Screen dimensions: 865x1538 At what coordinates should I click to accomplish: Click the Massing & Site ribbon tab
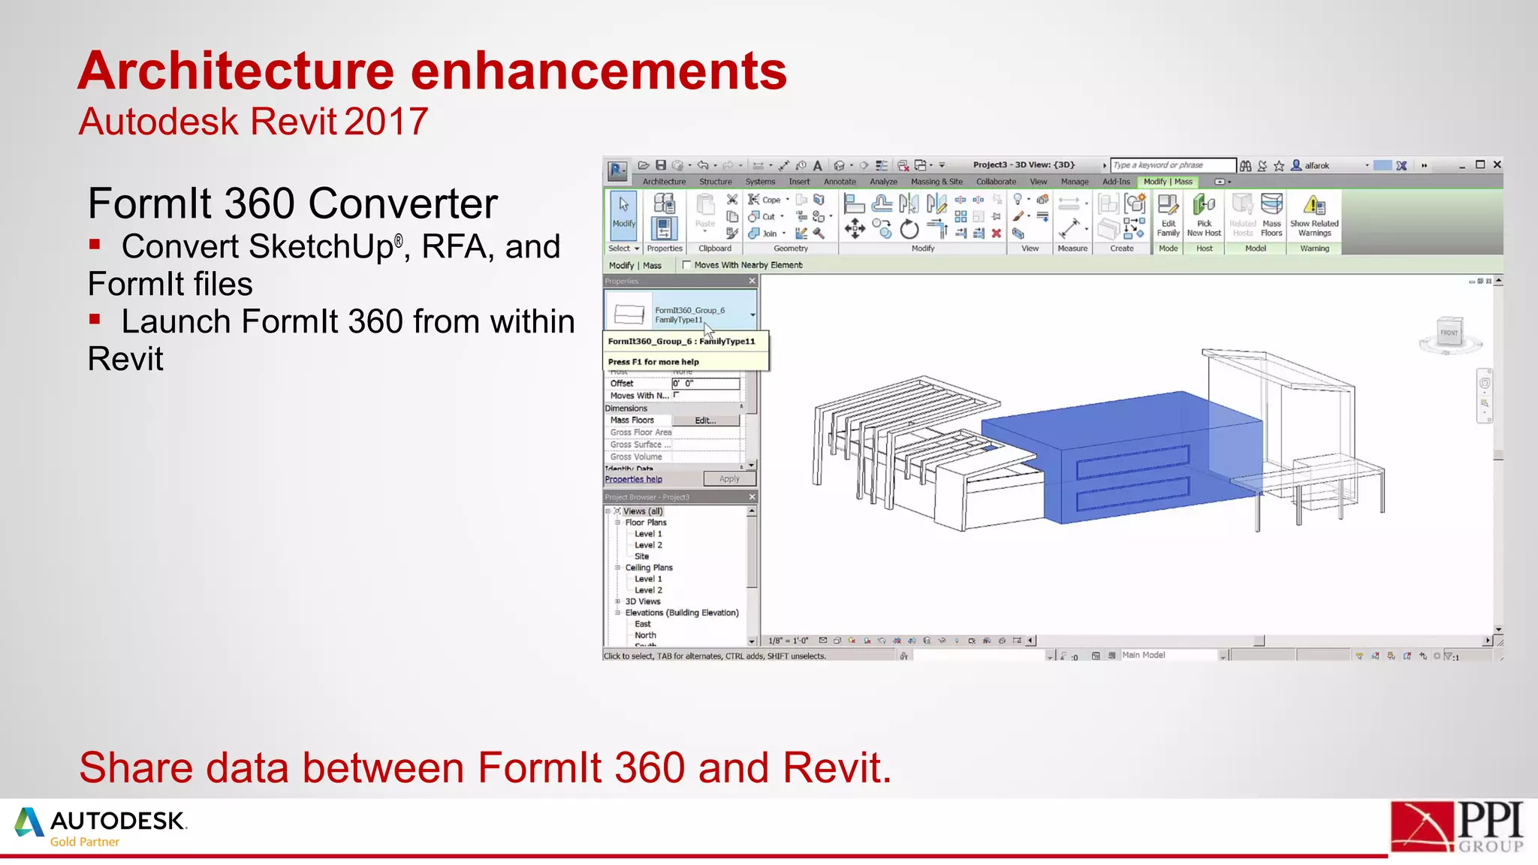pyautogui.click(x=936, y=182)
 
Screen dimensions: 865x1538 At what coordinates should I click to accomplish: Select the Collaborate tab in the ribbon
pyautogui.click(x=996, y=182)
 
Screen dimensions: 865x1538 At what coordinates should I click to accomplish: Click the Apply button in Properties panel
pyautogui.click(x=729, y=479)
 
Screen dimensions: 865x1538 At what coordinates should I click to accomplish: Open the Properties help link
pyautogui.click(x=633, y=479)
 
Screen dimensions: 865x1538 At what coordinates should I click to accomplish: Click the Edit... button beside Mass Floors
pyautogui.click(x=705, y=420)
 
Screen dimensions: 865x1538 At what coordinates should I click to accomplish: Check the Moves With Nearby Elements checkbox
pyautogui.click(x=686, y=265)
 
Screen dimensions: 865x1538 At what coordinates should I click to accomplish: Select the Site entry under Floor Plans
pyautogui.click(x=641, y=556)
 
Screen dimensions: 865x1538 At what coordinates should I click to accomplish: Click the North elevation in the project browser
pyautogui.click(x=645, y=635)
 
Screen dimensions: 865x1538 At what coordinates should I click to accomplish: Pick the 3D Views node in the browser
pyautogui.click(x=643, y=601)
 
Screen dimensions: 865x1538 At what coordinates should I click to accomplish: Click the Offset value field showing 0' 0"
pyautogui.click(x=705, y=384)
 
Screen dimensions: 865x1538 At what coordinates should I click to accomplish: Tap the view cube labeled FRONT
pyautogui.click(x=1449, y=333)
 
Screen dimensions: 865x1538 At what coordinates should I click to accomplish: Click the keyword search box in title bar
pyautogui.click(x=1172, y=165)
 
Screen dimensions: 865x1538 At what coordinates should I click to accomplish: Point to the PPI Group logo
pyautogui.click(x=1456, y=827)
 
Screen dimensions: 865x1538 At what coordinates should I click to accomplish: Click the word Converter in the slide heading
pyautogui.click(x=403, y=203)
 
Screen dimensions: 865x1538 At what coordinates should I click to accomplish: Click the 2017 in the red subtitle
pyautogui.click(x=386, y=122)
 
